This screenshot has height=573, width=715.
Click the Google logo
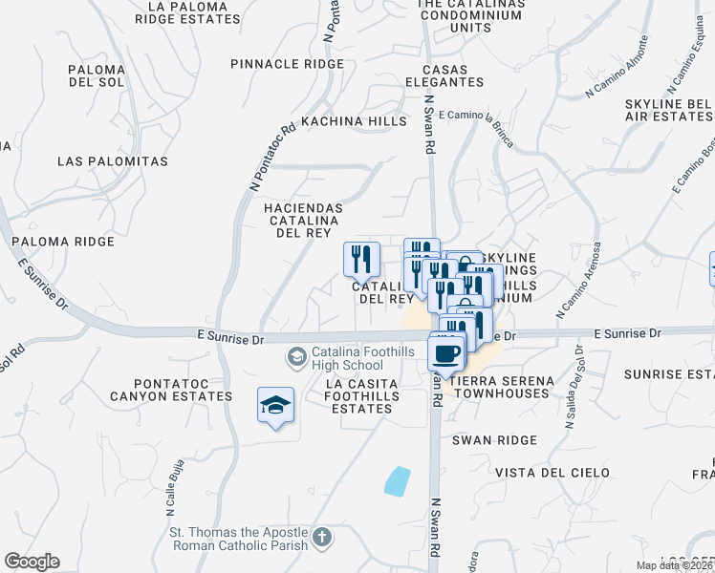[x=32, y=562]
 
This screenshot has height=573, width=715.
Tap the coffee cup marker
[x=447, y=354]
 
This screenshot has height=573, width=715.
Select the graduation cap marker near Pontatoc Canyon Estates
[x=275, y=406]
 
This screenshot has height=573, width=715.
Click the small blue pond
[x=397, y=480]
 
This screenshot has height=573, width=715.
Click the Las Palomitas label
[x=113, y=161]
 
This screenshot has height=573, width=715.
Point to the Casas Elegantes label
[x=456, y=76]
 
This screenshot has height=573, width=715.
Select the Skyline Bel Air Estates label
[x=665, y=109]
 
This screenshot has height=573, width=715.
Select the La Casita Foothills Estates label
[x=358, y=395]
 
